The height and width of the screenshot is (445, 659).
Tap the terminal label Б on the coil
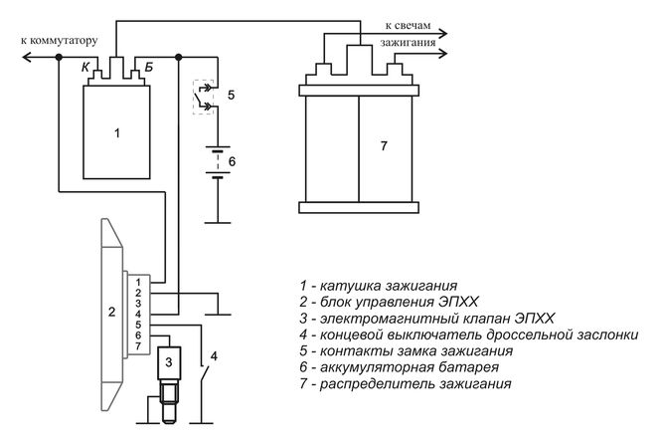coord(149,68)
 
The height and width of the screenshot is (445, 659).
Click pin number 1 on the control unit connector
coord(140,283)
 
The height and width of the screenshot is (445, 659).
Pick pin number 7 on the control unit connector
coord(140,344)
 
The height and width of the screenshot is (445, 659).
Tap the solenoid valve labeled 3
coord(170,361)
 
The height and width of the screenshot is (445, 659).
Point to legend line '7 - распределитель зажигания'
coord(406,384)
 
